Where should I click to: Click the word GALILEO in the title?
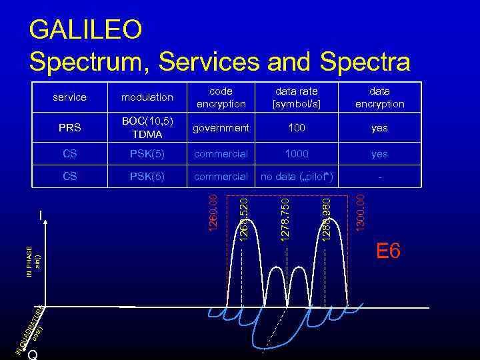click(x=86, y=29)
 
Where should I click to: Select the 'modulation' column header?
click(x=147, y=97)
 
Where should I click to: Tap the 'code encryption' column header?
click(x=221, y=97)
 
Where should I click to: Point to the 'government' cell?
click(x=221, y=128)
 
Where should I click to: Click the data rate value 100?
click(x=296, y=128)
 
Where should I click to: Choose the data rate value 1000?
click(x=296, y=154)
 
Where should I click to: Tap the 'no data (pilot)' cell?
click(x=296, y=177)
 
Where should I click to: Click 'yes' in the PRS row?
click(x=379, y=128)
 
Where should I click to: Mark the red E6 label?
click(x=388, y=251)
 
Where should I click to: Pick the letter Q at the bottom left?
click(x=33, y=355)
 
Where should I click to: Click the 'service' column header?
click(x=69, y=97)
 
